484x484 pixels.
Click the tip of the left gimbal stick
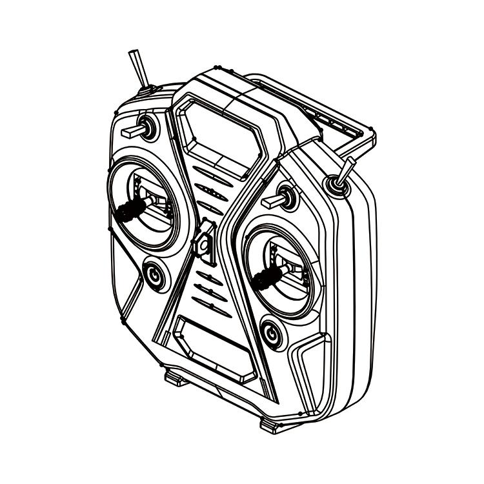click(x=124, y=213)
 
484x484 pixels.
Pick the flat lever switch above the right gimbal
click(x=274, y=201)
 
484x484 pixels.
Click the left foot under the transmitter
click(x=176, y=378)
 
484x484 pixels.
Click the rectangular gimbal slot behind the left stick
click(x=155, y=200)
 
